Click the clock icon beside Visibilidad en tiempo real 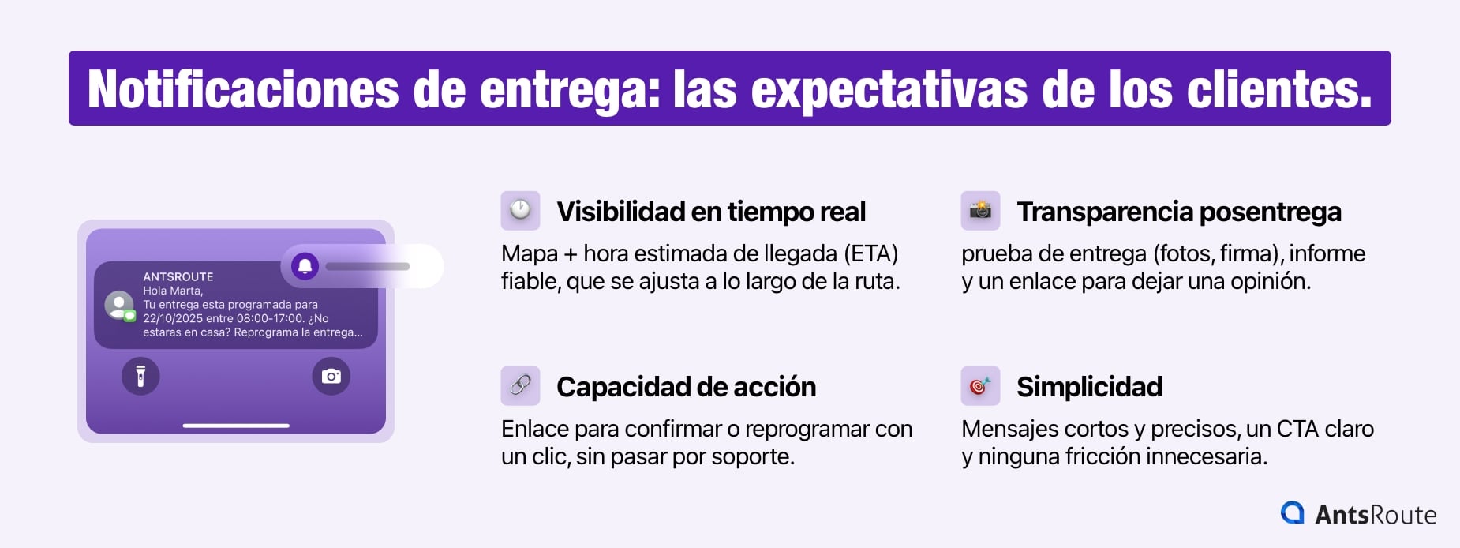point(520,211)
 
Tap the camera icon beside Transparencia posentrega point(980,211)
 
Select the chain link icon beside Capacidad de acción point(520,386)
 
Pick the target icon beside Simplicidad point(980,386)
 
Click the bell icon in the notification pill point(305,266)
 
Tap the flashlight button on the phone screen point(140,376)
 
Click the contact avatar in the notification point(119,305)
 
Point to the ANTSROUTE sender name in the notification point(178,276)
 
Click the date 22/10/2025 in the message point(173,318)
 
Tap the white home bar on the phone point(236,426)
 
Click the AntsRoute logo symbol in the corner point(1292,513)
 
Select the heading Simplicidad point(1089,387)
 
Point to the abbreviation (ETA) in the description point(871,253)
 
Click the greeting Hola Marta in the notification point(172,291)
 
